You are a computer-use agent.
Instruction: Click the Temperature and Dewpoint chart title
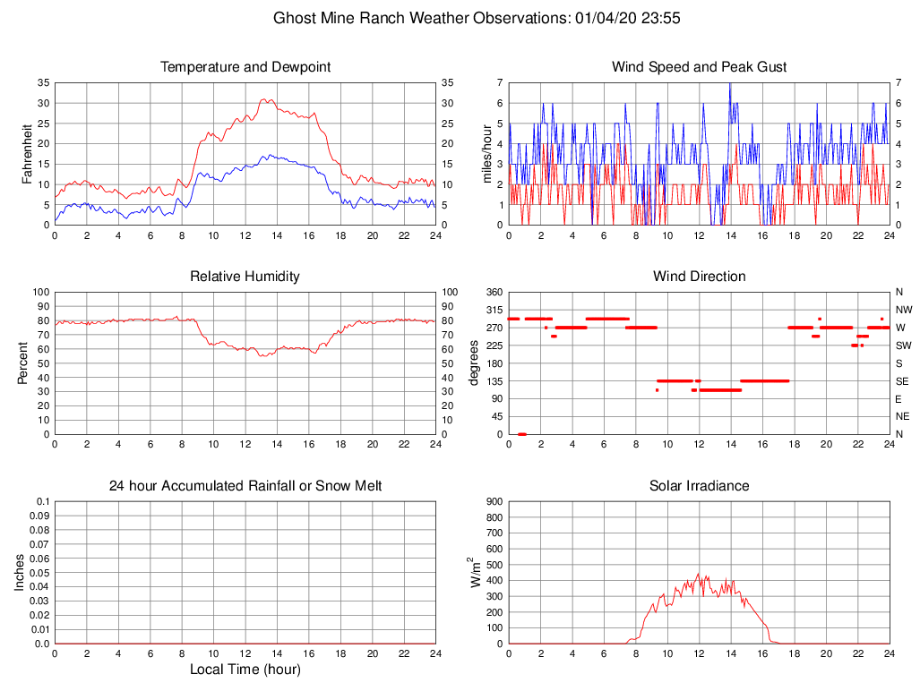[245, 67]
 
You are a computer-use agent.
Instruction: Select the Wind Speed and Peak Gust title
[699, 67]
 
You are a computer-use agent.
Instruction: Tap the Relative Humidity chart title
[245, 277]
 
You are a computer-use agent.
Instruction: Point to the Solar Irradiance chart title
[699, 486]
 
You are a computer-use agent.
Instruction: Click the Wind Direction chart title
[699, 277]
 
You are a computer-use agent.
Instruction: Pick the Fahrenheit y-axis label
[27, 153]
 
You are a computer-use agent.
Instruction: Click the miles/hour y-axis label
[487, 153]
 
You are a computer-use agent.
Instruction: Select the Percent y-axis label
[24, 363]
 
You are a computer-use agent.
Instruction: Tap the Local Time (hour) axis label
[245, 670]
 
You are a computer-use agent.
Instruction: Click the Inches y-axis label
[20, 572]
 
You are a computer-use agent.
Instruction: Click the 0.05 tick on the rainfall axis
[39, 573]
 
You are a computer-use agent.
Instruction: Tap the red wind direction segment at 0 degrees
[521, 434]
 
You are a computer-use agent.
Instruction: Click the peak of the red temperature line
[265, 99]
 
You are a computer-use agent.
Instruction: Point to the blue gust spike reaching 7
[729, 84]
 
